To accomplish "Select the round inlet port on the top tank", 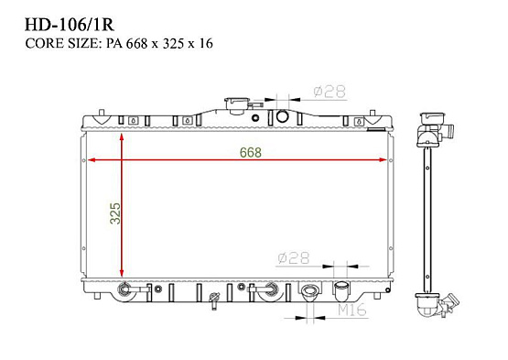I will coord(283,116).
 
